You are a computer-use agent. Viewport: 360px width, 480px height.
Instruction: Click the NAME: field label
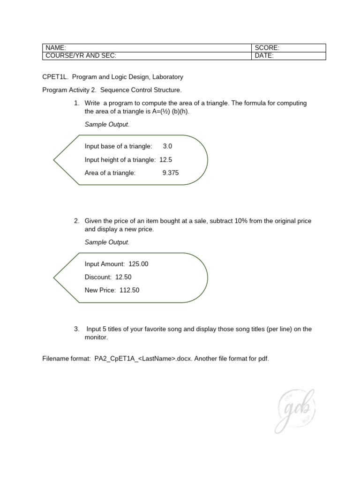pos(56,48)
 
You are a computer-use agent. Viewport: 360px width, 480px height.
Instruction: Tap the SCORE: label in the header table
pos(267,48)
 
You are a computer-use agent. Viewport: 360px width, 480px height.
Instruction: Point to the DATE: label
pos(264,56)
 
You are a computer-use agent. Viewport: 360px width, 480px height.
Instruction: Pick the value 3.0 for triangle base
pos(167,146)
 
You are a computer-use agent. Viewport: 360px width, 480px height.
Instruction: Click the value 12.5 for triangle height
pos(165,159)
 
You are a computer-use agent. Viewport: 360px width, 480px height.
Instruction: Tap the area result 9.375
pos(171,173)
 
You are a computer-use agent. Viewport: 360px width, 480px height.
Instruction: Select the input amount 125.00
pos(138,264)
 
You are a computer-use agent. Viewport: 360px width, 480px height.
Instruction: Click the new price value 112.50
pos(129,290)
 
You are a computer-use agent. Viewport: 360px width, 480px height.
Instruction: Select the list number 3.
pos(76,329)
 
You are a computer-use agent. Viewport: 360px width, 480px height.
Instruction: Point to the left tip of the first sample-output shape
pos(54,160)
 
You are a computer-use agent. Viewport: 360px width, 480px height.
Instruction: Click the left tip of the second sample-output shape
pos(54,277)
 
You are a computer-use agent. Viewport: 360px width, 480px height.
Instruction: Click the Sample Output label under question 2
pos(106,242)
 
